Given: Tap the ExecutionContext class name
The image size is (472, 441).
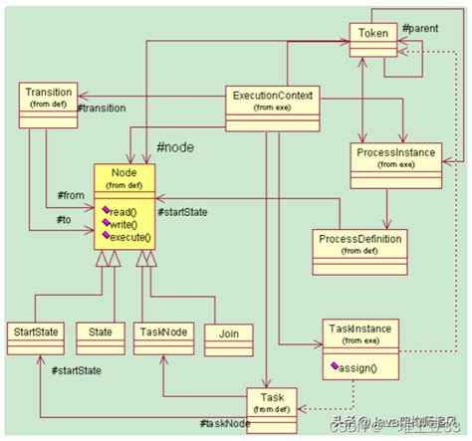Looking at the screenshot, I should [x=273, y=96].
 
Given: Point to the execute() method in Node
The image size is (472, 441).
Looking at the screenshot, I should [x=129, y=237].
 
